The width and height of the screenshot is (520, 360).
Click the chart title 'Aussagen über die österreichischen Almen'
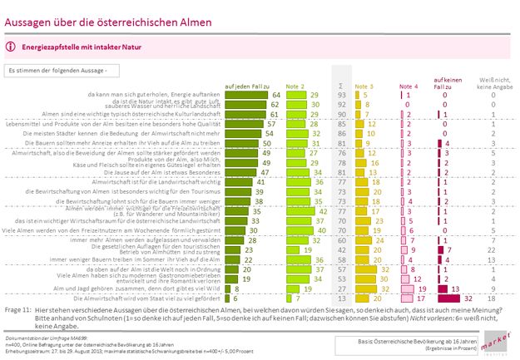click(x=108, y=19)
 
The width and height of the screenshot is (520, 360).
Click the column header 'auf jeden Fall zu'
click(x=244, y=86)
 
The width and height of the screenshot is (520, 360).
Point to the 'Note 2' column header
click(x=296, y=86)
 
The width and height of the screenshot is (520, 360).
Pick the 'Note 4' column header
click(x=409, y=86)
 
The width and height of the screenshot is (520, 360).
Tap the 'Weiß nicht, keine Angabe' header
click(x=493, y=83)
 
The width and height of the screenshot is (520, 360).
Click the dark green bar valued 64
click(x=246, y=96)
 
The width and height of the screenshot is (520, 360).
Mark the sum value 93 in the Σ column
click(x=340, y=96)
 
